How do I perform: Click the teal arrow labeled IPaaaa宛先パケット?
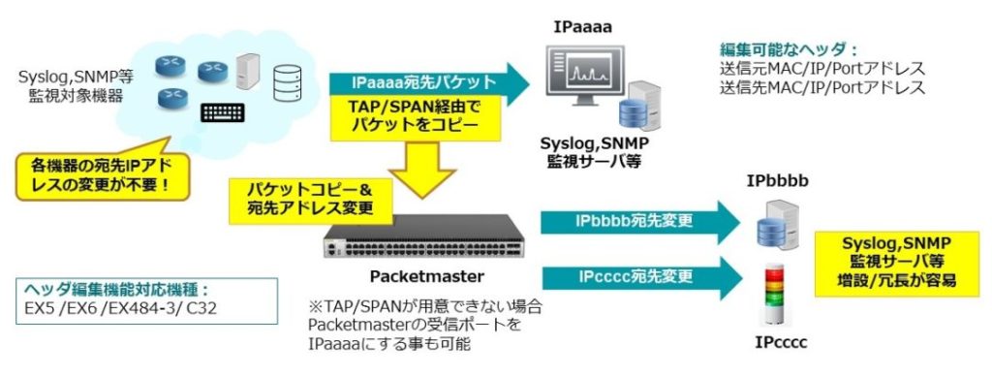click(x=426, y=83)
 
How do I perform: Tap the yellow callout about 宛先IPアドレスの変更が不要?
click(x=102, y=173)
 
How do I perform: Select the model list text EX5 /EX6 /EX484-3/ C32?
click(x=106, y=311)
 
